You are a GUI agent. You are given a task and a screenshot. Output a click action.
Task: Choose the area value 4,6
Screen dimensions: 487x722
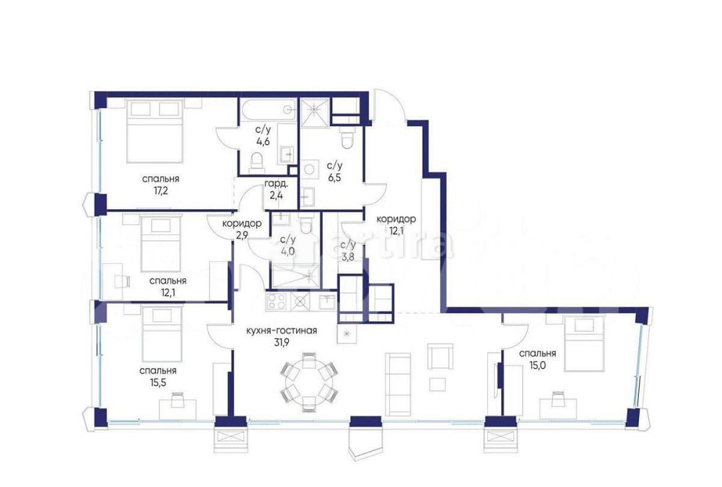pyautogui.click(x=262, y=141)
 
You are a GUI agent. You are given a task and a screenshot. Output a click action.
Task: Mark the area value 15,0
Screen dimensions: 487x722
pyautogui.click(x=536, y=365)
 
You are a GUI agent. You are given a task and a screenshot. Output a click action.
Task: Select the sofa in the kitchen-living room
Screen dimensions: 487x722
pyautogui.click(x=397, y=379)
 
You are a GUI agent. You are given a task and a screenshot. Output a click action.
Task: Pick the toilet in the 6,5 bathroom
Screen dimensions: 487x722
pyautogui.click(x=347, y=139)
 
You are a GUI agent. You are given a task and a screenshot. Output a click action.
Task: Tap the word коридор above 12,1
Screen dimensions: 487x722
pyautogui.click(x=396, y=219)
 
